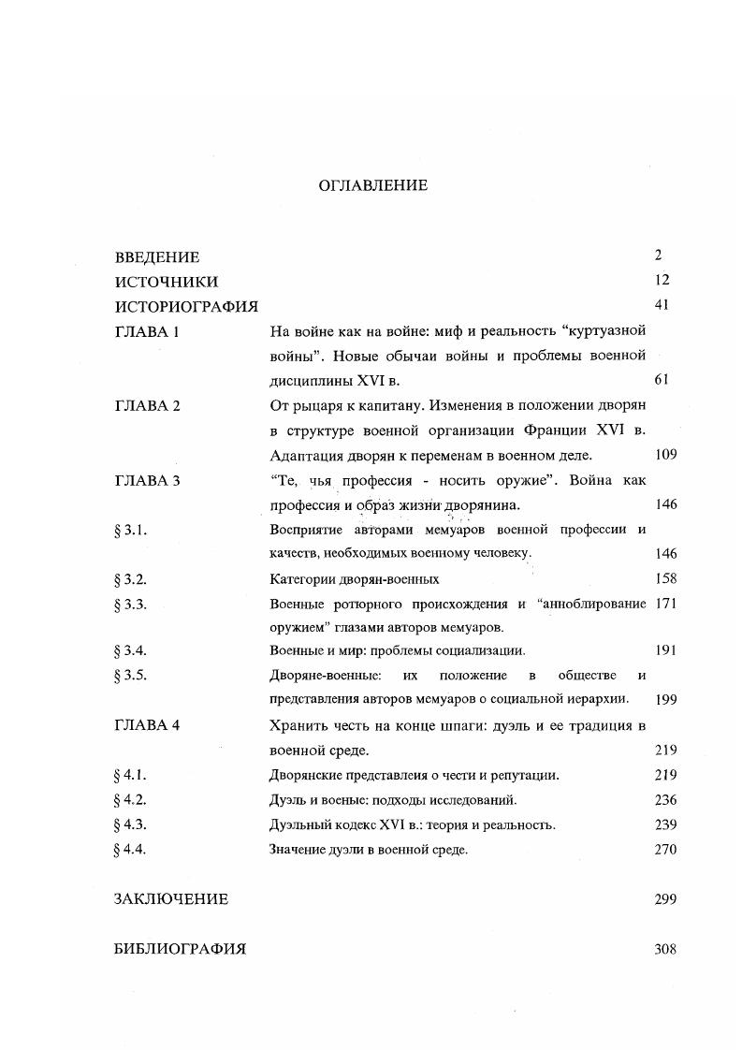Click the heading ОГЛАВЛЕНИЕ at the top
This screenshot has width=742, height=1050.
point(372,185)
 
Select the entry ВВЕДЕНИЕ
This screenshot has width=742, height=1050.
point(157,257)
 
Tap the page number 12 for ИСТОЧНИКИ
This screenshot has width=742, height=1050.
point(663,280)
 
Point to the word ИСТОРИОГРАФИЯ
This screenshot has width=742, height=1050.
point(186,306)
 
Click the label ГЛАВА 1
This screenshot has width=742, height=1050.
point(146,331)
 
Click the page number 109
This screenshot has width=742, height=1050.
point(665,455)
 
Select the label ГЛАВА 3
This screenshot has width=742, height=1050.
point(147,480)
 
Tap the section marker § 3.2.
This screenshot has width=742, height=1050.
point(131,579)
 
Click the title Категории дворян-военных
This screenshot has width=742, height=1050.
point(354,579)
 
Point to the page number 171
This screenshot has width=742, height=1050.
point(665,604)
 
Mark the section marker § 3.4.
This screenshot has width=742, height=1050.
point(131,650)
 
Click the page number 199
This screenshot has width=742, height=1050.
point(665,699)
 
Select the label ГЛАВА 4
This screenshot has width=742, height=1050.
point(147,725)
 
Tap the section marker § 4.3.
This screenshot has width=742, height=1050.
point(131,824)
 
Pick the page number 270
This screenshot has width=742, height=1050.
point(665,850)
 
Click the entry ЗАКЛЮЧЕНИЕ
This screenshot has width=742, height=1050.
point(171,899)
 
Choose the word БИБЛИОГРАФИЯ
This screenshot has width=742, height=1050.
point(180,949)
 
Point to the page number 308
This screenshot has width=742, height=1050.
point(665,949)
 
